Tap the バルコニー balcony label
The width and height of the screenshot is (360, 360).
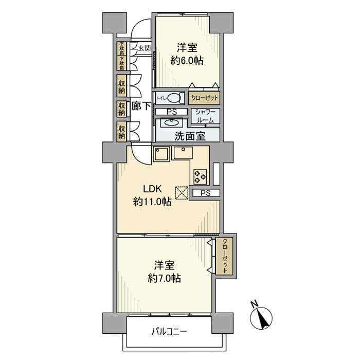(x=169, y=332)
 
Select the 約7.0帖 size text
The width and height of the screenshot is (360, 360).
(x=164, y=279)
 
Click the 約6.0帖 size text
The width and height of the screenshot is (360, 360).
(x=187, y=61)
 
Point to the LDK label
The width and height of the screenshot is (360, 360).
(x=152, y=189)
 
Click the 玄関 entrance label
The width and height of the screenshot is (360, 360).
(x=145, y=48)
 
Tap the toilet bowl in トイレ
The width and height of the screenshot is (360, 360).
(x=174, y=98)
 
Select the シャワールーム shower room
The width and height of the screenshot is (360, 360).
(x=206, y=116)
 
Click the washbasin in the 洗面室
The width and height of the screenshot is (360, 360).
(x=171, y=122)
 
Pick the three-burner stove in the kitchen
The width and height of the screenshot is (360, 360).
(x=200, y=176)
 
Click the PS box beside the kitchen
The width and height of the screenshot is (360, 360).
(x=206, y=193)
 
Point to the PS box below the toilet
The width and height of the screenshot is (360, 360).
(x=171, y=112)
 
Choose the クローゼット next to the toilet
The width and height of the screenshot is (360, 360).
(x=204, y=98)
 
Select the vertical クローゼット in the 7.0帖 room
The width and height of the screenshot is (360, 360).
(x=224, y=256)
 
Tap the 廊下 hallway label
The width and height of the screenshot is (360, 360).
(x=141, y=106)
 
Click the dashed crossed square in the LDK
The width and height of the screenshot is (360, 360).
(x=182, y=193)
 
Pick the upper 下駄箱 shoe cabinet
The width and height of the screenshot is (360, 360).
(x=121, y=48)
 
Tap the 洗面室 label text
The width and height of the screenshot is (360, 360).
(x=190, y=136)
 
